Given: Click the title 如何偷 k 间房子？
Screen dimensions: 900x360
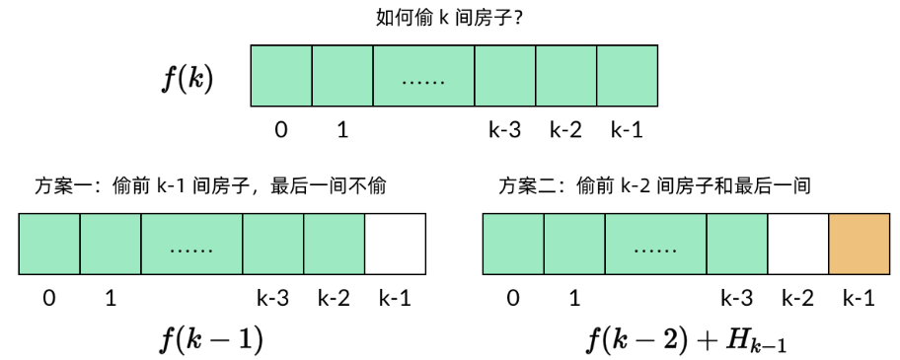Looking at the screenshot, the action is click(x=449, y=18).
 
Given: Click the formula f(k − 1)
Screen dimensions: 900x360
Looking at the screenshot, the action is click(x=211, y=339).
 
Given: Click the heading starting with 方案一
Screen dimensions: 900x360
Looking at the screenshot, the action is click(x=210, y=185).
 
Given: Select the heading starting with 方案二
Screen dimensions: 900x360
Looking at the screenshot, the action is click(x=654, y=185).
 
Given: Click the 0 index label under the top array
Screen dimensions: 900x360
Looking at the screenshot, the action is click(x=282, y=129).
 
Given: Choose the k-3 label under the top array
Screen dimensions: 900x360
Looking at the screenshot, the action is click(x=504, y=129).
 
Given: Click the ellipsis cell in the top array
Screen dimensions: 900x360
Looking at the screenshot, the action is click(x=423, y=76).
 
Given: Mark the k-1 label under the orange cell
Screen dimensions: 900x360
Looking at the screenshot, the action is click(x=858, y=297).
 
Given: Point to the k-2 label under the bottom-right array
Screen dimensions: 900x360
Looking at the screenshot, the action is click(x=797, y=297).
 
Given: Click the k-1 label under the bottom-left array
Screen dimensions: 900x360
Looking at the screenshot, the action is click(x=395, y=297).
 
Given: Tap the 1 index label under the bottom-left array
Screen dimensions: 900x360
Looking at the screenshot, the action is click(x=111, y=297).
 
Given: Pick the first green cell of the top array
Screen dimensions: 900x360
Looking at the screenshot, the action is click(x=282, y=76).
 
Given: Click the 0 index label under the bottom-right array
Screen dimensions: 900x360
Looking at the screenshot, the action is click(x=511, y=297).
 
